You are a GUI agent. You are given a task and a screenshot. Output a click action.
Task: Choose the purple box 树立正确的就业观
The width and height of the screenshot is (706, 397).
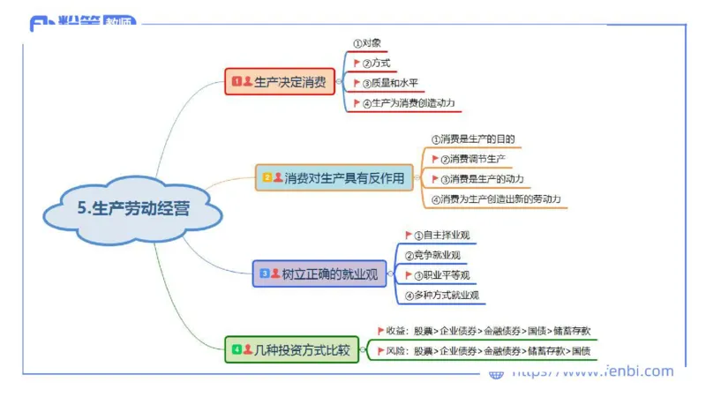[319, 274]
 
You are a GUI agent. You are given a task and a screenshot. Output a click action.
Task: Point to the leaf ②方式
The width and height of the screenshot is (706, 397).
[376, 64]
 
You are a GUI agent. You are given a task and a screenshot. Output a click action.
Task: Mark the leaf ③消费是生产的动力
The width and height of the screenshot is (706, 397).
[481, 179]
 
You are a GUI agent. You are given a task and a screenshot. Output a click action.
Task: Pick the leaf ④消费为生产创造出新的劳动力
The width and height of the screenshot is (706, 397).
[495, 199]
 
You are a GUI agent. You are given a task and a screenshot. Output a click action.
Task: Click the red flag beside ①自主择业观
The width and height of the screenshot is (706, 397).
[409, 235]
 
